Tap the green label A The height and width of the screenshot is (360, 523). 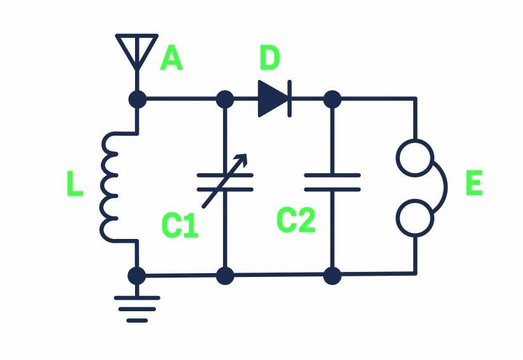click(171, 58)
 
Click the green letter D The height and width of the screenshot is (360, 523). click(269, 58)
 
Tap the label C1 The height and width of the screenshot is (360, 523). click(179, 226)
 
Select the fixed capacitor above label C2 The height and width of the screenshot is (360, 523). click(332, 182)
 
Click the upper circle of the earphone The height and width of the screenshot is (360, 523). click(415, 157)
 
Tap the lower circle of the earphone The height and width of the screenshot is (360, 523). click(415, 217)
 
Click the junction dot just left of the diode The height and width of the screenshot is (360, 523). click(224, 100)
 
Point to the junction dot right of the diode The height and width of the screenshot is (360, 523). click(332, 100)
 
